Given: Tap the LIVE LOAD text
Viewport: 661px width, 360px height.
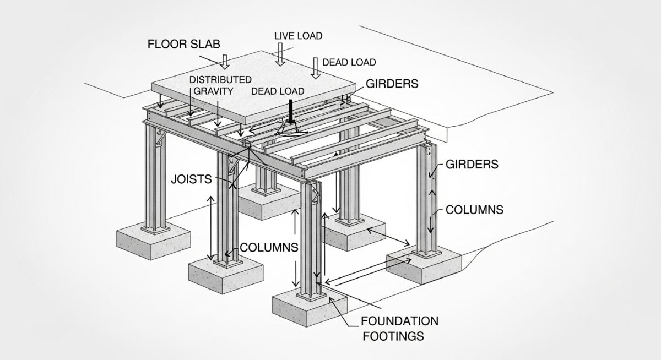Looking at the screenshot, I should [298, 36].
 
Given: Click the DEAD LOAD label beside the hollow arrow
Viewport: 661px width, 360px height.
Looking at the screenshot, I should [349, 62].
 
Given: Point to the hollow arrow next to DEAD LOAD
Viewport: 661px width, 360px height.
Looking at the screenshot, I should [316, 68].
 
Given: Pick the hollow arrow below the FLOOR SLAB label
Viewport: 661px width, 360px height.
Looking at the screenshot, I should [224, 61].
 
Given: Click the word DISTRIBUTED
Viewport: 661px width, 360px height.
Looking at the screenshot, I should [220, 80].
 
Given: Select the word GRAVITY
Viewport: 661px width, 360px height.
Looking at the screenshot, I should [212, 91].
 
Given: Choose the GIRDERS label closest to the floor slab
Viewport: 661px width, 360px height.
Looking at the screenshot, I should [392, 84].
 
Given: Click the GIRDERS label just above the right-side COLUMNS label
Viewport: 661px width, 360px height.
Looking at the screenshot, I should [472, 164].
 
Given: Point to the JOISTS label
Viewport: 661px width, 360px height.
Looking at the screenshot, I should [192, 178].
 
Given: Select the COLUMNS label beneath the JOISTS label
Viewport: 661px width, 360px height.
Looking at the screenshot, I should [269, 248].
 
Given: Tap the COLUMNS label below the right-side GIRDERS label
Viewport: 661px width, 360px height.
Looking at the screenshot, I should [474, 210].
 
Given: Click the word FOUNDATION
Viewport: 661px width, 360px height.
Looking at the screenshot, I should [399, 321].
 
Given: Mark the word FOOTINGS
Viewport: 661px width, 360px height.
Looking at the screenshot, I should [392, 335].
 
